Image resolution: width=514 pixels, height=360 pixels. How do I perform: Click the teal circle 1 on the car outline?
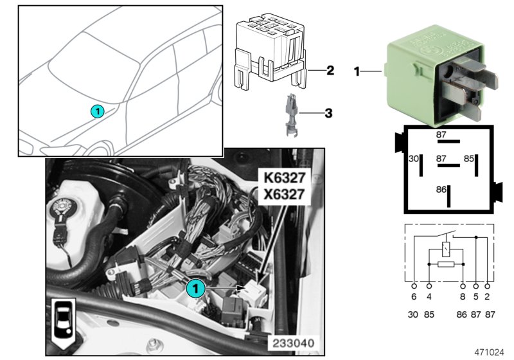[96, 111]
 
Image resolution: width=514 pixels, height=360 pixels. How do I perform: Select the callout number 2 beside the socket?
[330, 69]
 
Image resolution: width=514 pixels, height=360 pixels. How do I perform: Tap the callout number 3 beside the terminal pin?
[328, 114]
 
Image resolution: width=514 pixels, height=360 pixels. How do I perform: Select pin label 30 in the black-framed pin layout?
[414, 158]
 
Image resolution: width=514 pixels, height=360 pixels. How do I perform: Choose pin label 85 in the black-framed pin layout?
[469, 158]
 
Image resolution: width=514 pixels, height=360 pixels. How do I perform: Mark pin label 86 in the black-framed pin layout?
[441, 190]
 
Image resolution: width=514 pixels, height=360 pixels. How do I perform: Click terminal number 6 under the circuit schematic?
[414, 298]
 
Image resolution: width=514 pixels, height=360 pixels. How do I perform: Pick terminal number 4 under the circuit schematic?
[429, 298]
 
